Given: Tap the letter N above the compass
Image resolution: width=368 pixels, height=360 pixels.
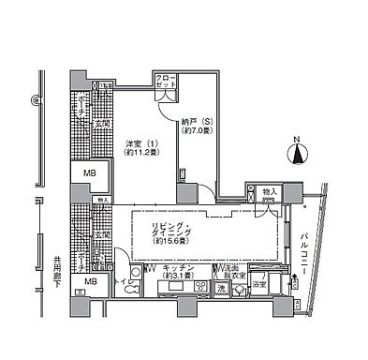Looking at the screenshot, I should [297, 141].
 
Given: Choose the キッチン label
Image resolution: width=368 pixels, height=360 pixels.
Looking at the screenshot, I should [177, 268].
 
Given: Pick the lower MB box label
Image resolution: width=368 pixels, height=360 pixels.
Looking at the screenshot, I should [91, 282].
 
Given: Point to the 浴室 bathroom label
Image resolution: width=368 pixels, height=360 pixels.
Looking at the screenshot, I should [258, 283].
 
